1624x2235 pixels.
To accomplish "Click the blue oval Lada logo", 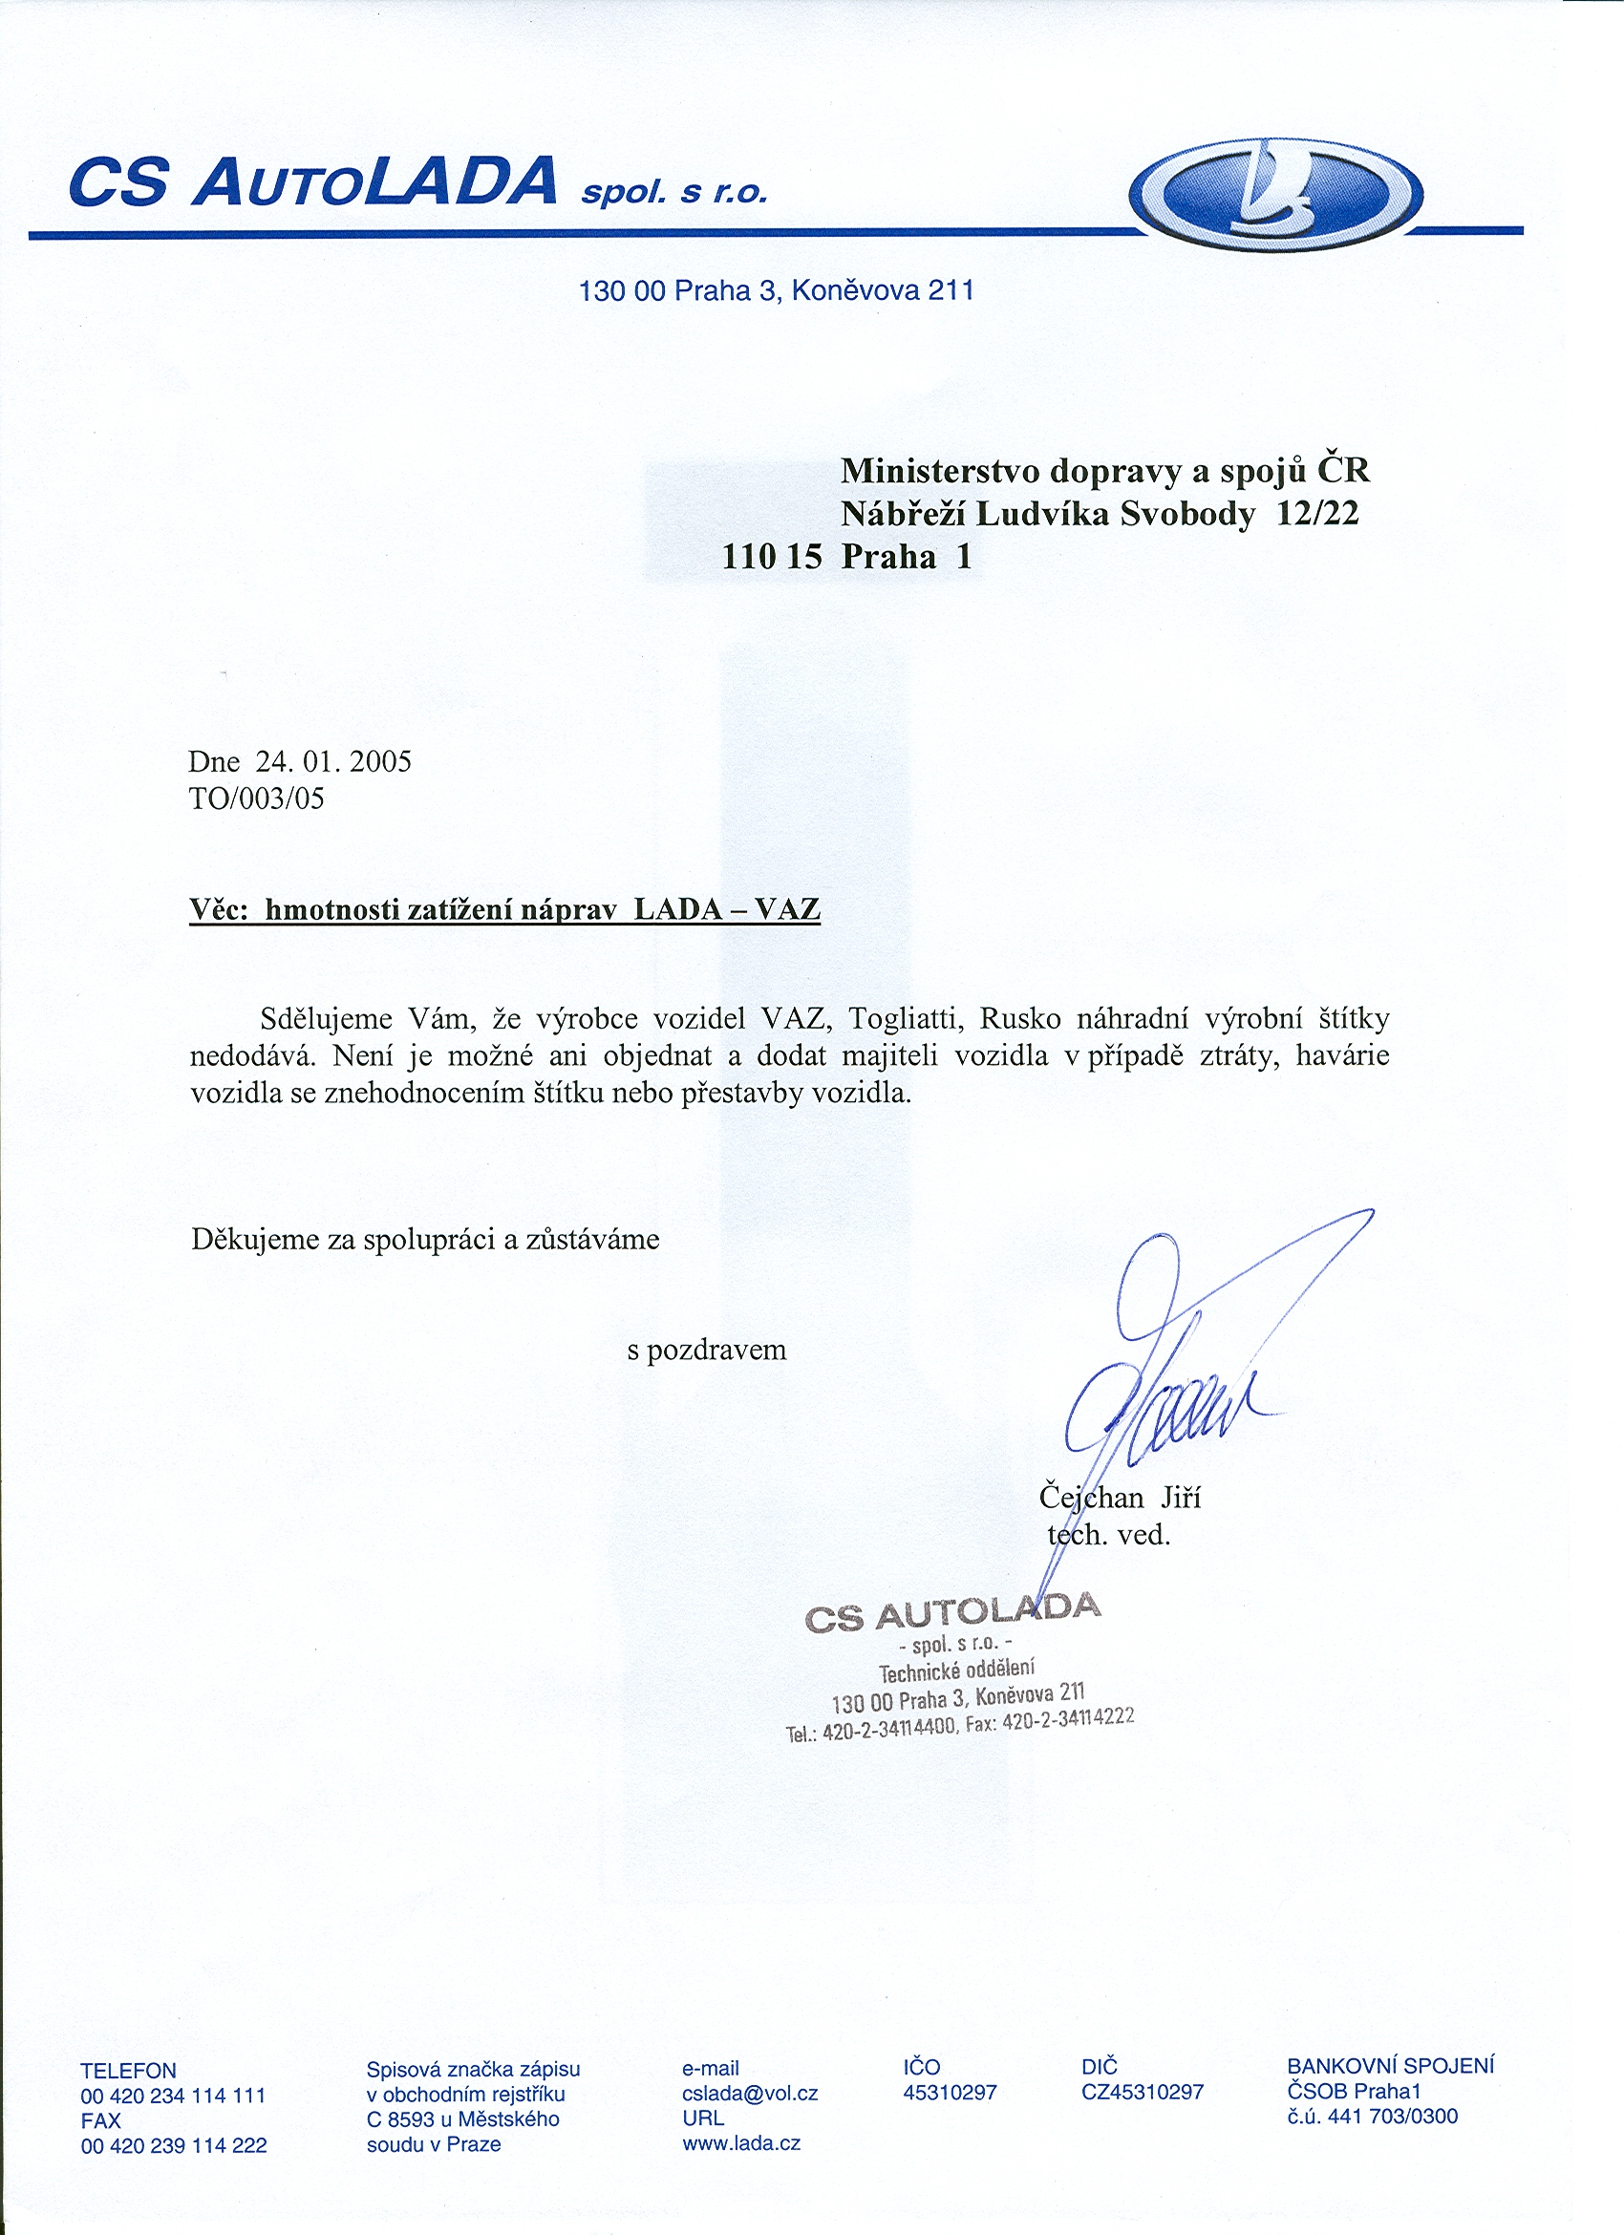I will click(x=1276, y=192).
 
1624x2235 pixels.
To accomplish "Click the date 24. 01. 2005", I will click(x=333, y=761).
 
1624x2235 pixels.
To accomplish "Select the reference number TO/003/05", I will click(x=256, y=798).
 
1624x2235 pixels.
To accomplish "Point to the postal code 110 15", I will click(x=772, y=557).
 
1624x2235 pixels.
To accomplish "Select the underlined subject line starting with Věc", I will click(x=504, y=908).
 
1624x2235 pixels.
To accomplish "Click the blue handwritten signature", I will click(x=1173, y=1379).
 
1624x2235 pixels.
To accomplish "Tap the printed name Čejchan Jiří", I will click(x=1120, y=1498).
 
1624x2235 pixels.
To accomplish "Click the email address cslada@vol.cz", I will click(x=750, y=2092).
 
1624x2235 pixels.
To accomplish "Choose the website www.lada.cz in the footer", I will click(x=741, y=2143).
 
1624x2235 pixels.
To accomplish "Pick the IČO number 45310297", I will click(x=950, y=2092).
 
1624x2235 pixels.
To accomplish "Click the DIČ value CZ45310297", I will click(x=1143, y=2092).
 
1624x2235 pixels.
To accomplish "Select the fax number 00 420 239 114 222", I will click(x=174, y=2146).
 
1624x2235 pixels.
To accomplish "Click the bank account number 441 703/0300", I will click(x=1392, y=2117).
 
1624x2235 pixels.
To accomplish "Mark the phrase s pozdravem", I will click(x=707, y=1349).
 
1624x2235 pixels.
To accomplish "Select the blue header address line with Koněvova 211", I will click(x=777, y=290).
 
